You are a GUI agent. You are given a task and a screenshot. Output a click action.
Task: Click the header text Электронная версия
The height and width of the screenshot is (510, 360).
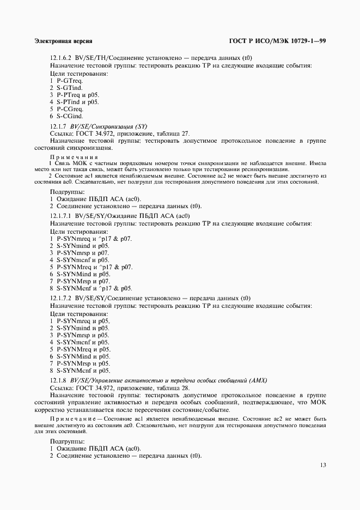[63, 41]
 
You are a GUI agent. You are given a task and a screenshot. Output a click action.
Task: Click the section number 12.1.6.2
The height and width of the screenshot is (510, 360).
[61, 58]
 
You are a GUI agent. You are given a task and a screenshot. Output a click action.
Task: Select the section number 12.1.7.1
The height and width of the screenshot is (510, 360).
[61, 216]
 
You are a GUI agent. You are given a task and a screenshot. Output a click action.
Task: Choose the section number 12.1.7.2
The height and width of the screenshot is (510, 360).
[61, 298]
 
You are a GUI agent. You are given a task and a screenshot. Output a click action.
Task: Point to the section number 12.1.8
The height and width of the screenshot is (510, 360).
[58, 379]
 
